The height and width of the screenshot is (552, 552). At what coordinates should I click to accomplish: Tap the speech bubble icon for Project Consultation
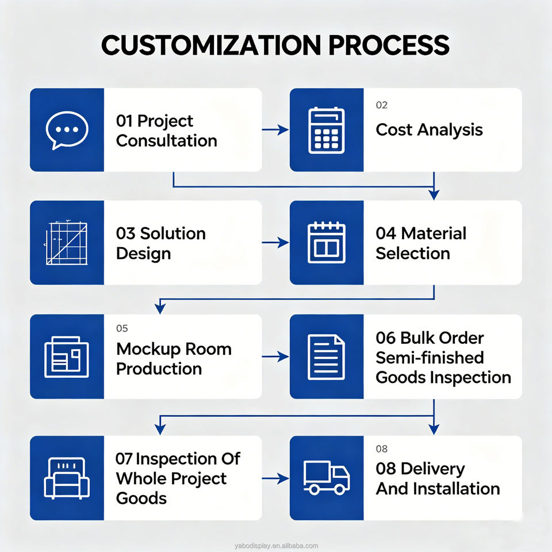[x=67, y=130]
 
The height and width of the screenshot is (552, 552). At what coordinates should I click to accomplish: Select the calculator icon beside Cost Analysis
[x=327, y=131]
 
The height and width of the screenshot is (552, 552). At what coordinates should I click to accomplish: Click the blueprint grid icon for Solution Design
[x=66, y=243]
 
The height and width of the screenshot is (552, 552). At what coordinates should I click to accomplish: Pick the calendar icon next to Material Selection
[x=327, y=243]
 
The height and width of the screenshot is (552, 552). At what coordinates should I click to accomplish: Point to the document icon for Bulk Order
[x=326, y=357]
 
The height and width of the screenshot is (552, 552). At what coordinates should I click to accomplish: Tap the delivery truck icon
[x=327, y=478]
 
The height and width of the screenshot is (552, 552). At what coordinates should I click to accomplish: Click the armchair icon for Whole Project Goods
[x=67, y=478]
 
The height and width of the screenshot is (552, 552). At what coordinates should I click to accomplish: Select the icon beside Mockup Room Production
[x=67, y=357]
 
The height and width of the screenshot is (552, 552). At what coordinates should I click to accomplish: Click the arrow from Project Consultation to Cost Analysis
[x=275, y=130]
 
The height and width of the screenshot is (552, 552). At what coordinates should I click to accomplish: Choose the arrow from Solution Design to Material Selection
[x=275, y=243]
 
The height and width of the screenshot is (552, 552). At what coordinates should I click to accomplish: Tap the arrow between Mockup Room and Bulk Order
[x=275, y=356]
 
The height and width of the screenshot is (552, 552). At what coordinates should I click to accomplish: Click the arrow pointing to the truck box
[x=275, y=478]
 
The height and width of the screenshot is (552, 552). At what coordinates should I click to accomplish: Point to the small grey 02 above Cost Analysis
[x=382, y=105]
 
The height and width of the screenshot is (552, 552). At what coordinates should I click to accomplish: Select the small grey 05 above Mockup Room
[x=122, y=328]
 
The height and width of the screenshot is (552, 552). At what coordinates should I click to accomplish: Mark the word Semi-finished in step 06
[x=430, y=358]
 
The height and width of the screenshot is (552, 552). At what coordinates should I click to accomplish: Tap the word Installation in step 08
[x=456, y=489]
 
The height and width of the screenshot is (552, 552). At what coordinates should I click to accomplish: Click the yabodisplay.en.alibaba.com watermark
[x=277, y=546]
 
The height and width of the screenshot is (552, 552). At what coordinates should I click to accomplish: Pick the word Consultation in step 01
[x=167, y=141]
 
